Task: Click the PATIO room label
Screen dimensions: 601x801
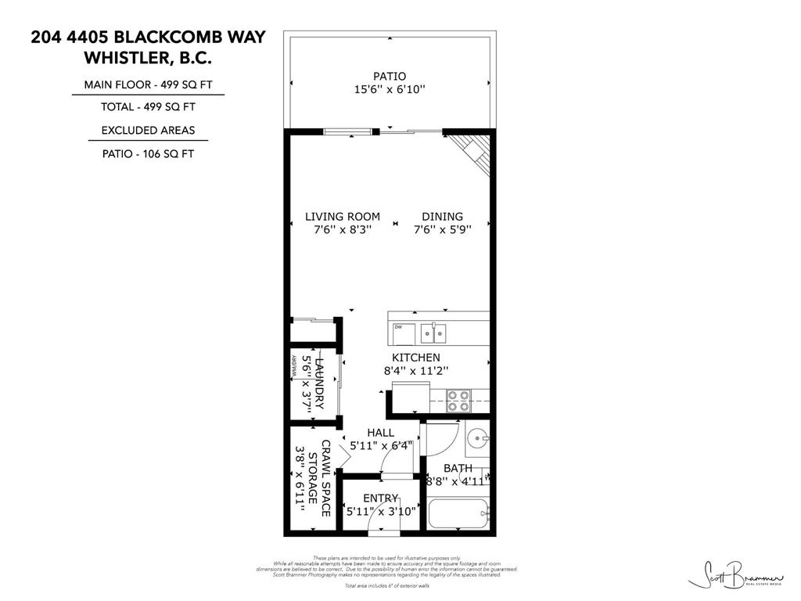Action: point(389,76)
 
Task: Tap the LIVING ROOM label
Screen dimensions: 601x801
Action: point(342,217)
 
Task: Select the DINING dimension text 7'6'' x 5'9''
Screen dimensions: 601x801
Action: point(442,230)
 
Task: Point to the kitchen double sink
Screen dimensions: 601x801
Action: point(431,333)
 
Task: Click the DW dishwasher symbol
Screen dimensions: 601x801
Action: point(398,327)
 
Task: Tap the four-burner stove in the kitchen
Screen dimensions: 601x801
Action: point(458,401)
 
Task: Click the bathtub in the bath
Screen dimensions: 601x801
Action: point(458,514)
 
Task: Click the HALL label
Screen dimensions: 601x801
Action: point(380,433)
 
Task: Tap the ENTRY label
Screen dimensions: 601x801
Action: point(380,498)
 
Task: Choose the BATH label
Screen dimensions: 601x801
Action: point(458,468)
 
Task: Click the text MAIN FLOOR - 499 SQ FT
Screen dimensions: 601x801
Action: point(148,85)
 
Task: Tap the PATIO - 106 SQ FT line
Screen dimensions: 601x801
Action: point(148,154)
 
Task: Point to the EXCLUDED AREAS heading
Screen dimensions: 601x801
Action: point(148,131)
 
